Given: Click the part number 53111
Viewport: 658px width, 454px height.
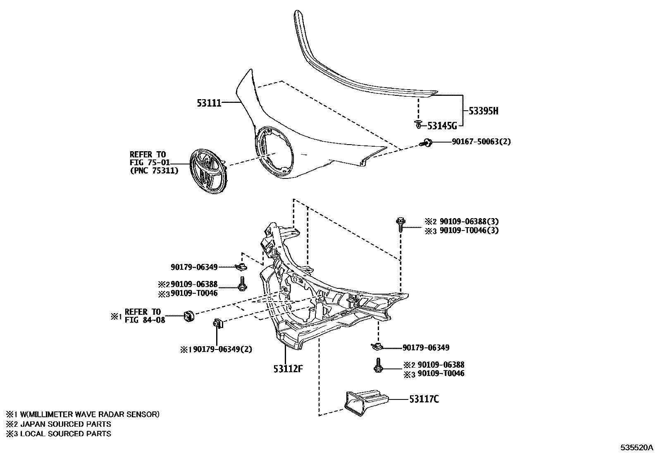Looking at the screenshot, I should click(209, 103).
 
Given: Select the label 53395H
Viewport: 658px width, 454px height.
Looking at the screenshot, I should click(483, 111).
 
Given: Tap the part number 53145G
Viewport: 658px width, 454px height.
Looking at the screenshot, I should click(442, 126).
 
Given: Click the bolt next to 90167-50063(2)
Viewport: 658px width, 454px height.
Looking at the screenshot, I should click(425, 143).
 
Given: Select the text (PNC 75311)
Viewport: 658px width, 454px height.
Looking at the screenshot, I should click(155, 170).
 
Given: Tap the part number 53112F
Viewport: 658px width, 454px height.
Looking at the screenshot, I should click(288, 368).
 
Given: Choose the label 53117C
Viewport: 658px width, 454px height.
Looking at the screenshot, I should click(424, 399).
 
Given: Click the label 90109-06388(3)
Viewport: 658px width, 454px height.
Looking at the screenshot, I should click(466, 221).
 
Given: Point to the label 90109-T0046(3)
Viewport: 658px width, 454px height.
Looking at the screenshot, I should click(466, 230).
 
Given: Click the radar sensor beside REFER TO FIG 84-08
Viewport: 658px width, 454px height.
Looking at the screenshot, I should click(189, 316).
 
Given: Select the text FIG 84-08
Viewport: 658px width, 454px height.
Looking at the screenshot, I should click(145, 319).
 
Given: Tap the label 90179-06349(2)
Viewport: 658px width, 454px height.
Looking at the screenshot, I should click(222, 349).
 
